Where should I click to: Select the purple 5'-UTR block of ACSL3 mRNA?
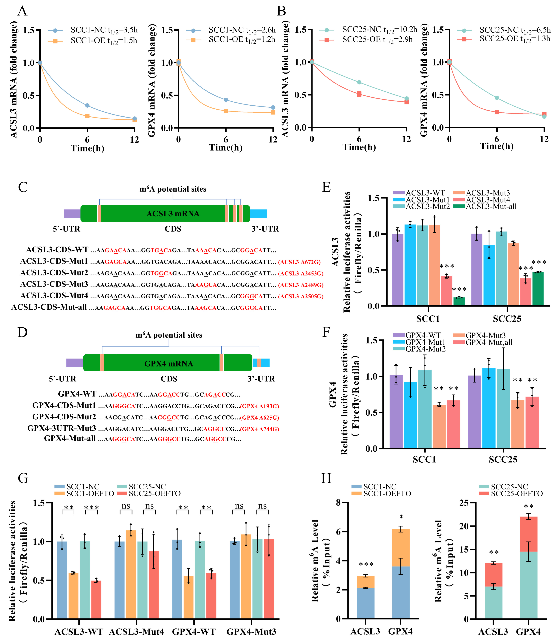tap(72, 213)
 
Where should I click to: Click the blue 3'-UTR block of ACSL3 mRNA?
tap(258, 213)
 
